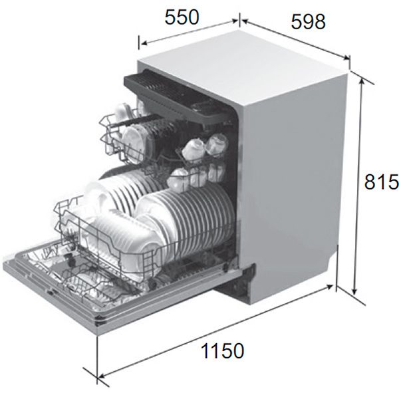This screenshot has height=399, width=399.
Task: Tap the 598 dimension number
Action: pos(308,21)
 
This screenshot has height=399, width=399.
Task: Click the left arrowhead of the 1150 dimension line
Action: pos(100,379)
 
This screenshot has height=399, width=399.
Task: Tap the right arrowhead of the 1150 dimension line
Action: pos(334,286)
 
